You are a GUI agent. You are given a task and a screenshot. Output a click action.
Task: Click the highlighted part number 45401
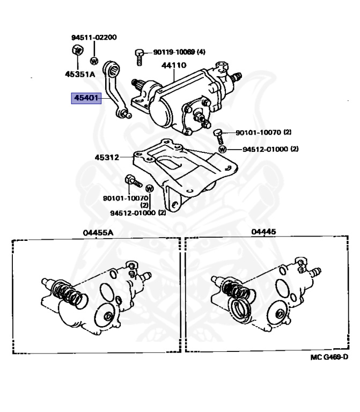click(86, 99)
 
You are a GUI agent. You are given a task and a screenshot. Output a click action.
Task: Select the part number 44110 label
click(174, 66)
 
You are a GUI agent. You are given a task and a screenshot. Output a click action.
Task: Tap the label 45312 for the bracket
click(107, 158)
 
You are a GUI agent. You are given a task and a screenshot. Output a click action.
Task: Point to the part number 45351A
click(80, 75)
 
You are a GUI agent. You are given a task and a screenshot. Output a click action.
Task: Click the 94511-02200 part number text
click(94, 38)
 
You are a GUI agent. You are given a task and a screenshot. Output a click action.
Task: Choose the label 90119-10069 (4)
click(179, 52)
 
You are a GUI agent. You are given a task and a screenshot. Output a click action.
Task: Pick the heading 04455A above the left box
click(99, 233)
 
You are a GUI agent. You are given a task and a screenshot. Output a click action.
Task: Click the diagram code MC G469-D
click(328, 358)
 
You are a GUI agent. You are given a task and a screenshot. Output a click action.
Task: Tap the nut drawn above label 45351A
click(76, 51)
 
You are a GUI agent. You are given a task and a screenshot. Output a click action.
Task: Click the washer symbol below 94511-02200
click(94, 60)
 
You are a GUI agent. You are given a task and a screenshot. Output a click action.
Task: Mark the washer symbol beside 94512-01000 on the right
click(222, 149)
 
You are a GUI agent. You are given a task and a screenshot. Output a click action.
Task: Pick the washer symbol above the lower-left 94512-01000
click(150, 188)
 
